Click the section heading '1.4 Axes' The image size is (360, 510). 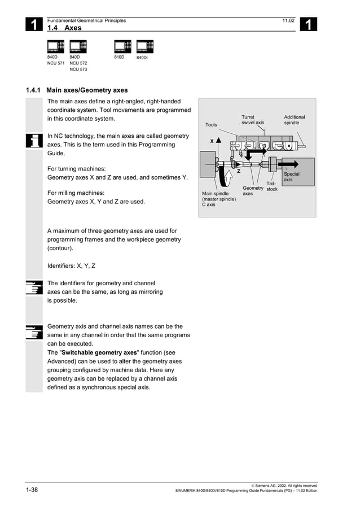[64, 28]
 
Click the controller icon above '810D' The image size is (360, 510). [122, 46]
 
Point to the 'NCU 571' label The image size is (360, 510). [56, 63]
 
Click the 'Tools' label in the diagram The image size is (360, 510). [211, 125]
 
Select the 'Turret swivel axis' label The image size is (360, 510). [252, 120]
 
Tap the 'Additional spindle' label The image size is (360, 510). [294, 120]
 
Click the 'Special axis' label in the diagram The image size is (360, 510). [291, 177]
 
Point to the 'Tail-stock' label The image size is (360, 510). [271, 186]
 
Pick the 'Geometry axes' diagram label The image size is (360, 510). [253, 191]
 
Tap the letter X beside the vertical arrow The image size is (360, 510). [212, 141]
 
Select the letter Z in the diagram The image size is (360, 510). [239, 171]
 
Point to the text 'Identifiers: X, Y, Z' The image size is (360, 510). [71, 265]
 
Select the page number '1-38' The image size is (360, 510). [32, 489]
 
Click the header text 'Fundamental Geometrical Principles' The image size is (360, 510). [86, 21]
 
